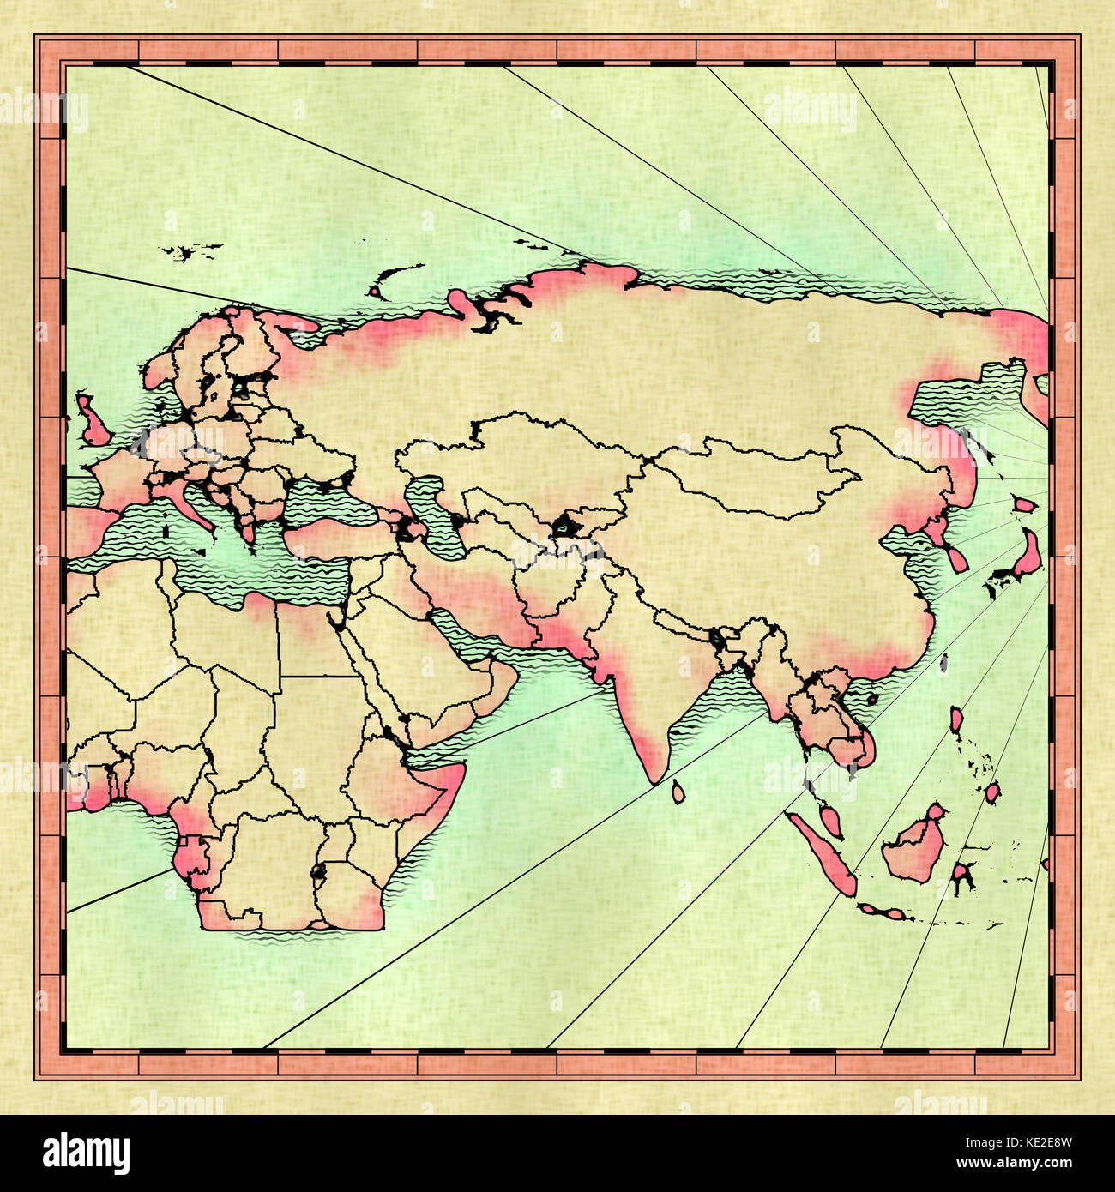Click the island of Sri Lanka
coord(678,791)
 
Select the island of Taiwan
coord(943,662)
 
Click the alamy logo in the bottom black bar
coord(86,1153)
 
